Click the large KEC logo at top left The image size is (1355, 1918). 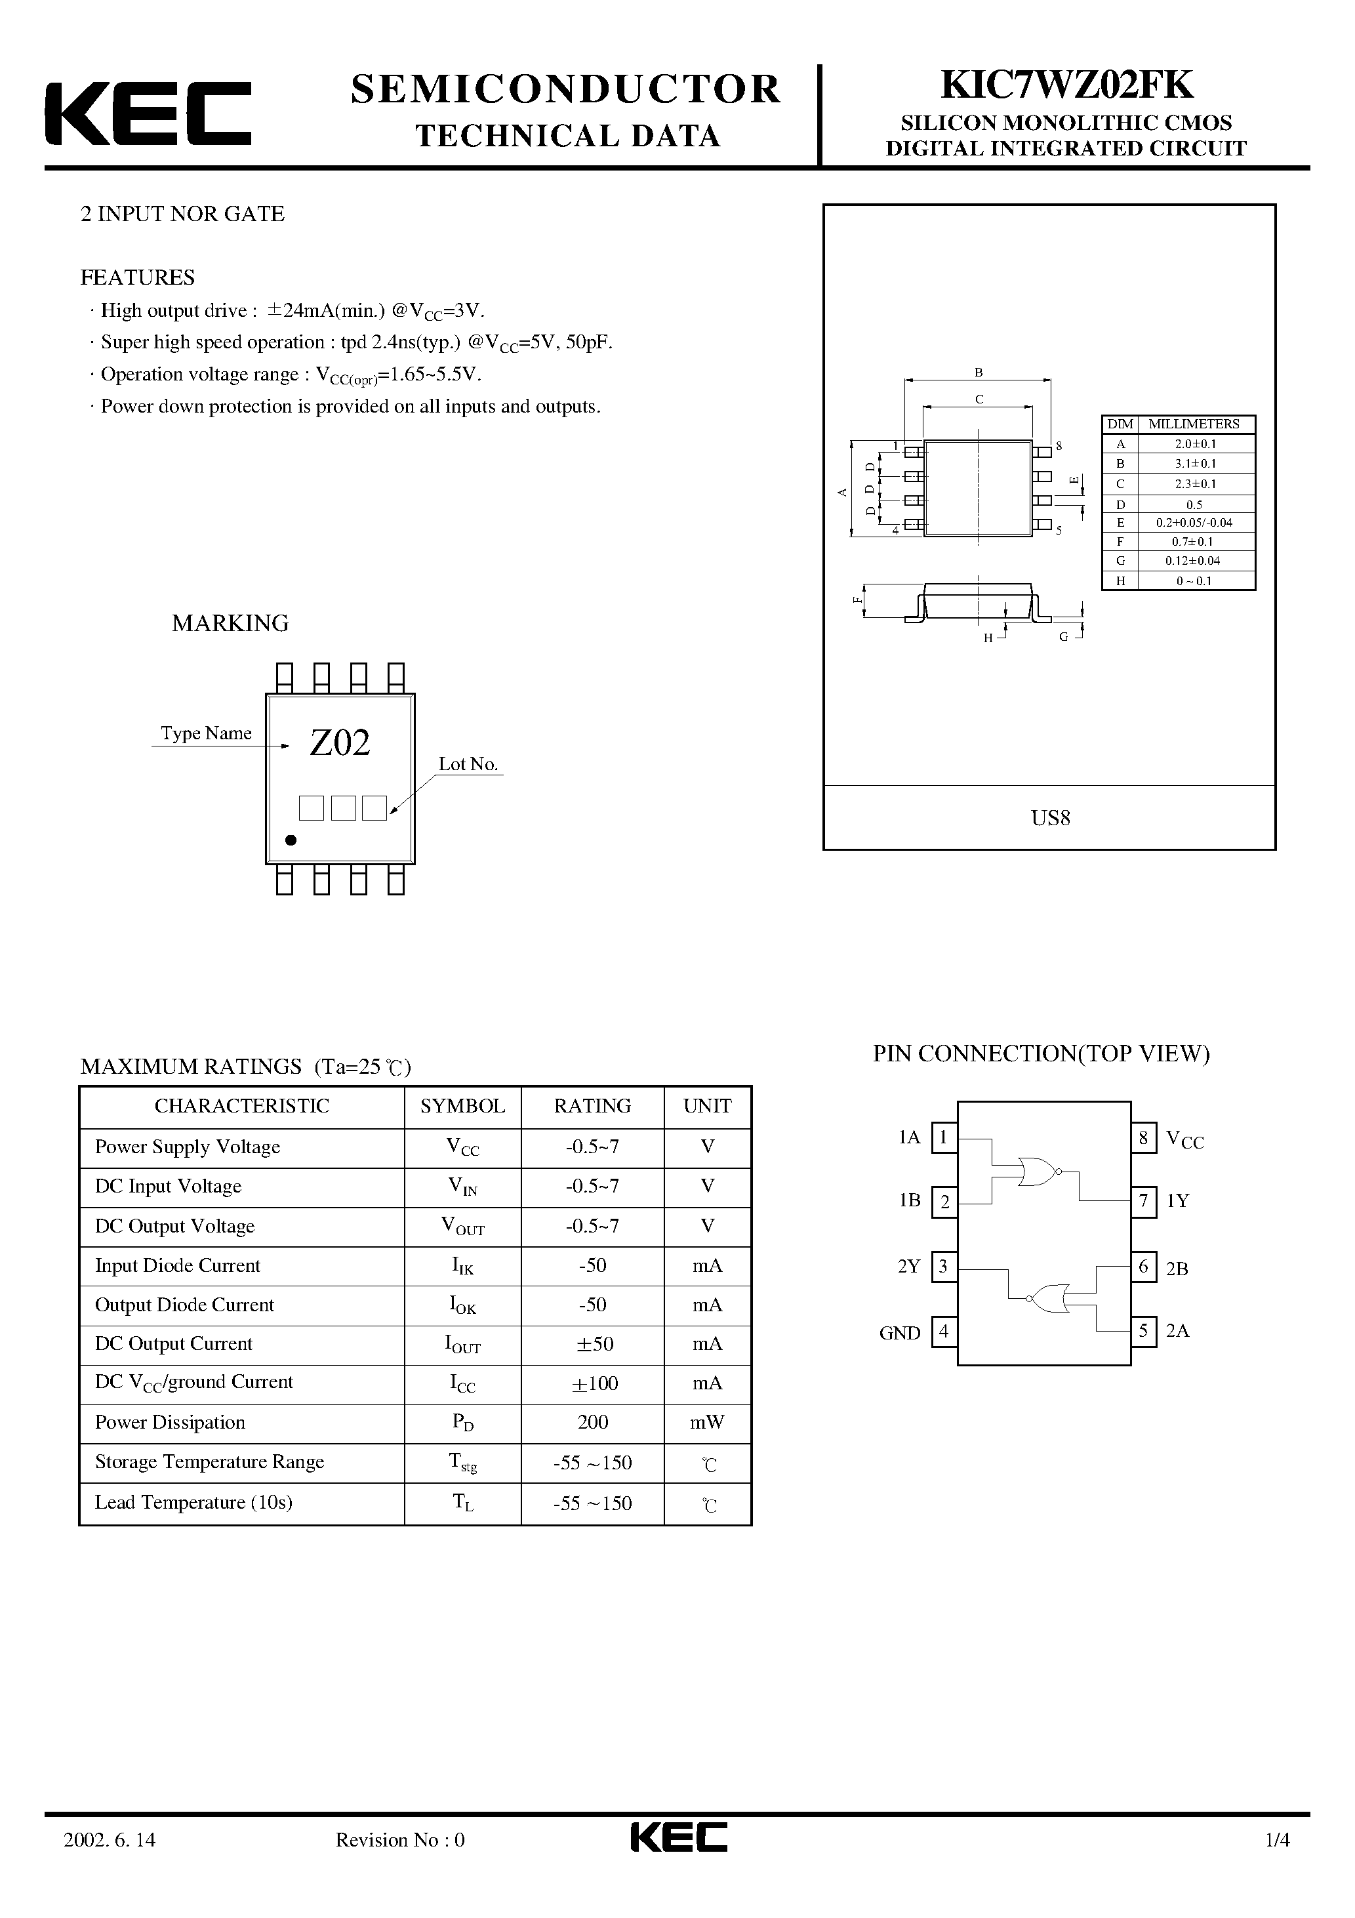[x=148, y=113]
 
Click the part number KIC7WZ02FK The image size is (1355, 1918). [x=1067, y=85]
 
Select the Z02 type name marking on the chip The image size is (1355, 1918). [x=339, y=743]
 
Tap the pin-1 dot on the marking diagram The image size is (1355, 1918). [x=291, y=840]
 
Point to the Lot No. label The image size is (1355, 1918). [x=468, y=764]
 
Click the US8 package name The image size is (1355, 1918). [x=1050, y=818]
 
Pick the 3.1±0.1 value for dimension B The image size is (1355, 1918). [x=1194, y=464]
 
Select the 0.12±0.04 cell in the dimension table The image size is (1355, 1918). [x=1194, y=561]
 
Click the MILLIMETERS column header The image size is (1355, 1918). [x=1194, y=424]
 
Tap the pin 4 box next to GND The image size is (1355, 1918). [x=944, y=1331]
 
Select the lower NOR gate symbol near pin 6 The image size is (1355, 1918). [x=1049, y=1297]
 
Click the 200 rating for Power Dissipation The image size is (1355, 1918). [x=592, y=1422]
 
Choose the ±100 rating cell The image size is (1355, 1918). [x=592, y=1383]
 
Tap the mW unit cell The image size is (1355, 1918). [x=707, y=1422]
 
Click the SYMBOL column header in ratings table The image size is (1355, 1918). [x=462, y=1106]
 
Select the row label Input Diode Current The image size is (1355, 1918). [x=178, y=1265]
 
